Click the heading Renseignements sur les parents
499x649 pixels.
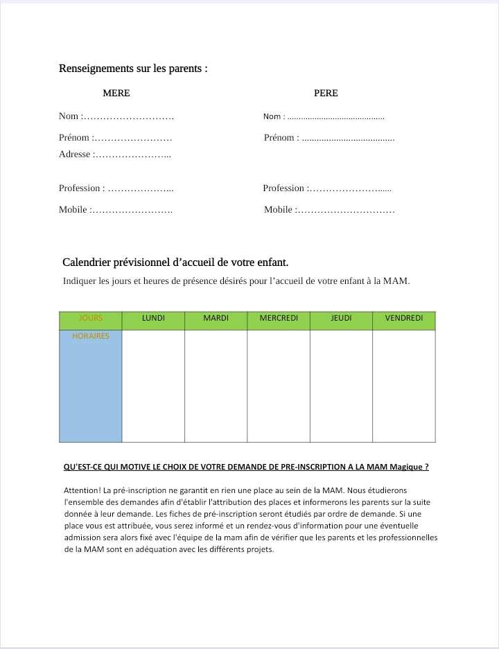pyautogui.click(x=133, y=69)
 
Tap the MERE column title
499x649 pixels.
pyautogui.click(x=116, y=93)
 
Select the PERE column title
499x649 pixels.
pyautogui.click(x=326, y=93)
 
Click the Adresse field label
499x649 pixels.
pyautogui.click(x=75, y=154)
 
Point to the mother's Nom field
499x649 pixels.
pyautogui.click(x=128, y=116)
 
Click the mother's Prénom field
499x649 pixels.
pyautogui.click(x=132, y=138)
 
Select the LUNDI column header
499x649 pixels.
pyautogui.click(x=153, y=319)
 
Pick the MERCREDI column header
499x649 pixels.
pyautogui.click(x=279, y=319)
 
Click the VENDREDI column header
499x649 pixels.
pyautogui.click(x=403, y=319)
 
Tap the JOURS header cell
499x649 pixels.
pyautogui.click(x=91, y=319)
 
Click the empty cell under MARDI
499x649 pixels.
pyautogui.click(x=216, y=385)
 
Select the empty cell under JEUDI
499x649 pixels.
pyautogui.click(x=341, y=385)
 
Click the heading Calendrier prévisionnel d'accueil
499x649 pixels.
pyautogui.click(x=175, y=263)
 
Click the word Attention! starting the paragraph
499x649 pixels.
pyautogui.click(x=82, y=490)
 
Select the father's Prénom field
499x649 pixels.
pyautogui.click(x=348, y=138)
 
